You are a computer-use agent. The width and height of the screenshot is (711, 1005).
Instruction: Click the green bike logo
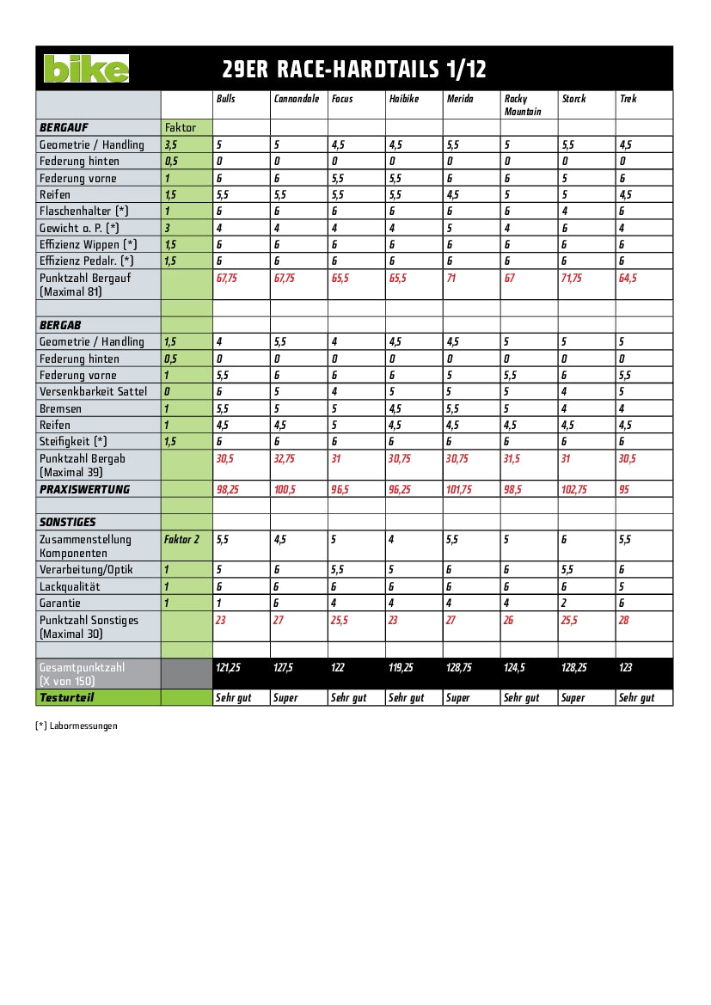tap(86, 69)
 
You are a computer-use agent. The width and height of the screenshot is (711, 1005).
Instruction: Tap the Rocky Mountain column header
tap(516, 105)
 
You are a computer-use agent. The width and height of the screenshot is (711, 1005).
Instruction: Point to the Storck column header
tap(573, 99)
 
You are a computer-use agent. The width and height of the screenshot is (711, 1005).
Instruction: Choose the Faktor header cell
tap(181, 127)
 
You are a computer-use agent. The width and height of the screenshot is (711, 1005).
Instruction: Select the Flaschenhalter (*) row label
tap(84, 211)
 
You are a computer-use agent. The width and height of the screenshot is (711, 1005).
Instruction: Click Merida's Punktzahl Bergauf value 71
tap(451, 278)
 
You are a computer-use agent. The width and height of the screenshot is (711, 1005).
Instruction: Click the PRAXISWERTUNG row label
tap(84, 489)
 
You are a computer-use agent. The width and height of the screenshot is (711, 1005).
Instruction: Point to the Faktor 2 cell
tap(181, 539)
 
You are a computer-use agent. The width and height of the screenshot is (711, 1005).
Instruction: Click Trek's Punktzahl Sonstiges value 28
tap(625, 620)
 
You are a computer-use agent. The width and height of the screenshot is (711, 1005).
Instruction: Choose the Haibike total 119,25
tap(401, 667)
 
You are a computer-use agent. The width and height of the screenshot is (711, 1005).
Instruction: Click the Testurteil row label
tap(66, 697)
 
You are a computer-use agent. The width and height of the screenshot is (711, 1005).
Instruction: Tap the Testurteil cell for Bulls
tap(232, 698)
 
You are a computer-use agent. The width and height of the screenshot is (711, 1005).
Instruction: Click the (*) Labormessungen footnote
tap(77, 726)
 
